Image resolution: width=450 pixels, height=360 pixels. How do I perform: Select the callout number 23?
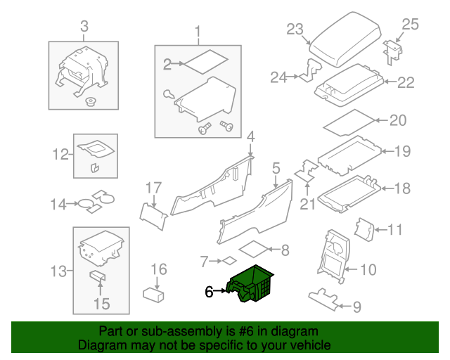point(295,29)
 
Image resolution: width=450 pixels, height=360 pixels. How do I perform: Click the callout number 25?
point(409,25)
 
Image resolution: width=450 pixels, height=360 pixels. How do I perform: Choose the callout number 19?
point(401,150)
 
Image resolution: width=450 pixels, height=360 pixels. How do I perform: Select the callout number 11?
point(396,229)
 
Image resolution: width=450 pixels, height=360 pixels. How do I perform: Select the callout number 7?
point(204,262)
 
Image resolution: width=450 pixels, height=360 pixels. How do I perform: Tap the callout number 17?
point(153,188)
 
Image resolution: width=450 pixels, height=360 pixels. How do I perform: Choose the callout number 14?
point(58,205)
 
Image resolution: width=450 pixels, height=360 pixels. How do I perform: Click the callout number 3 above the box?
point(84,27)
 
